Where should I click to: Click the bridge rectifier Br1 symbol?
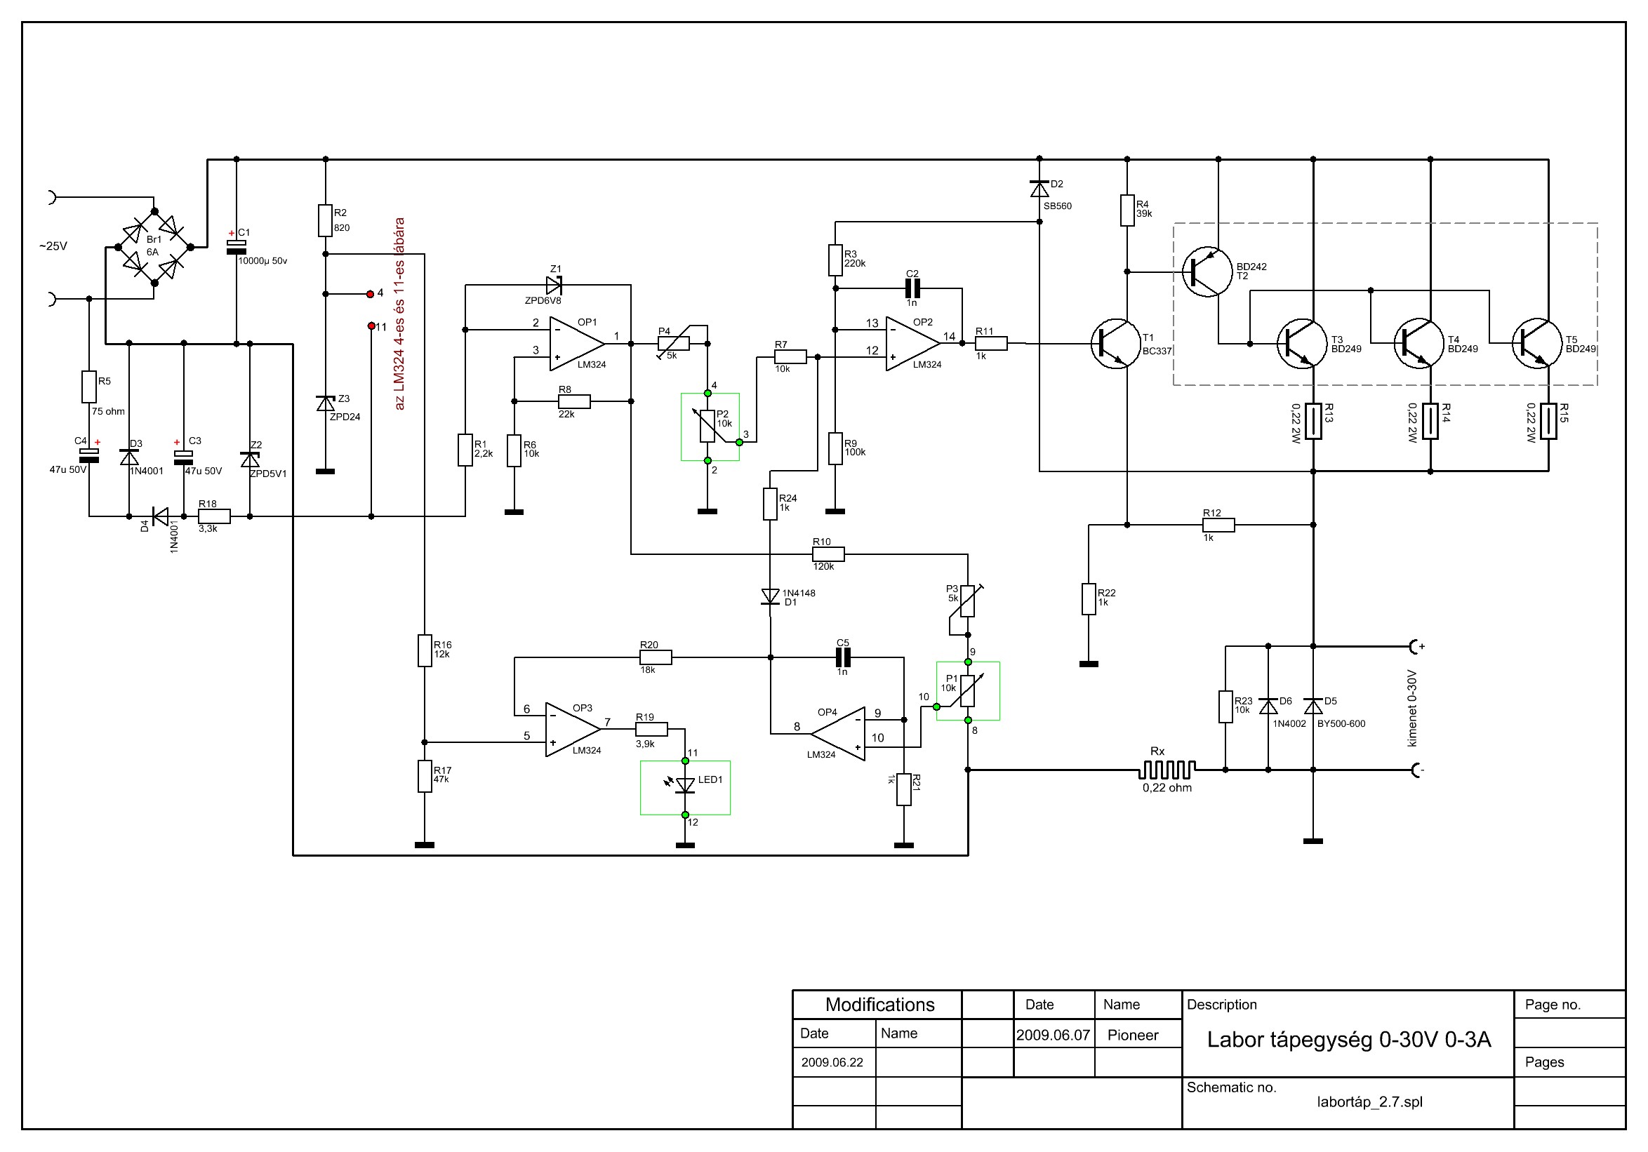pyautogui.click(x=154, y=248)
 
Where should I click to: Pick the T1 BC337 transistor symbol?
pyautogui.click(x=1115, y=344)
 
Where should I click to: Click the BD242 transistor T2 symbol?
pyautogui.click(x=1207, y=272)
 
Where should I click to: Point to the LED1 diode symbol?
pyautogui.click(x=686, y=786)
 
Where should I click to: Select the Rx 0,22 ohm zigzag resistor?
pyautogui.click(x=1167, y=770)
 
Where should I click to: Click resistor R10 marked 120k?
pyautogui.click(x=828, y=554)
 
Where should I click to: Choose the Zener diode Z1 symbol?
pyautogui.click(x=554, y=286)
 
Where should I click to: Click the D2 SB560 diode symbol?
pyautogui.click(x=1039, y=189)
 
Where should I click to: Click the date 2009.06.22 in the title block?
pyautogui.click(x=832, y=1062)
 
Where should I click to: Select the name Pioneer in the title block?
pyautogui.click(x=1132, y=1035)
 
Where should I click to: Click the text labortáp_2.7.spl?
pyautogui.click(x=1369, y=1101)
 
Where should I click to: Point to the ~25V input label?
pyautogui.click(x=53, y=247)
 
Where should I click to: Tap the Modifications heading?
pyautogui.click(x=879, y=1004)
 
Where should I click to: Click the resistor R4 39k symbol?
pyautogui.click(x=1127, y=211)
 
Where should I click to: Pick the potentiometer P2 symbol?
pyautogui.click(x=707, y=427)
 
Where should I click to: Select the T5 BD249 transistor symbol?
pyautogui.click(x=1536, y=344)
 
